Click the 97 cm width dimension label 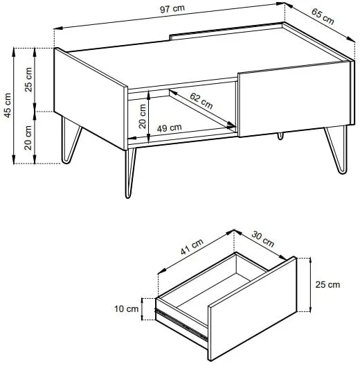click(x=172, y=9)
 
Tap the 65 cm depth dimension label click(x=323, y=17)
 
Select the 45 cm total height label click(x=8, y=105)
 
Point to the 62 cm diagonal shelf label click(x=201, y=101)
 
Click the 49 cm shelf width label click(x=169, y=128)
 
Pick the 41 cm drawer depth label click(x=192, y=247)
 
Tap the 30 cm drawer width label click(x=263, y=239)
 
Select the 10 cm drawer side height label click(x=127, y=309)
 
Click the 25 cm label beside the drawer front click(x=327, y=284)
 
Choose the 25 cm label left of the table click(x=28, y=80)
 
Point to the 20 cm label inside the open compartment click(x=143, y=116)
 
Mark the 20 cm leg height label click(x=28, y=138)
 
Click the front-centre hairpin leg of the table click(x=130, y=173)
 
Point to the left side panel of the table click(x=91, y=98)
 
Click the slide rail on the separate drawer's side click(x=181, y=324)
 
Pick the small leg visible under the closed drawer click(x=280, y=136)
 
